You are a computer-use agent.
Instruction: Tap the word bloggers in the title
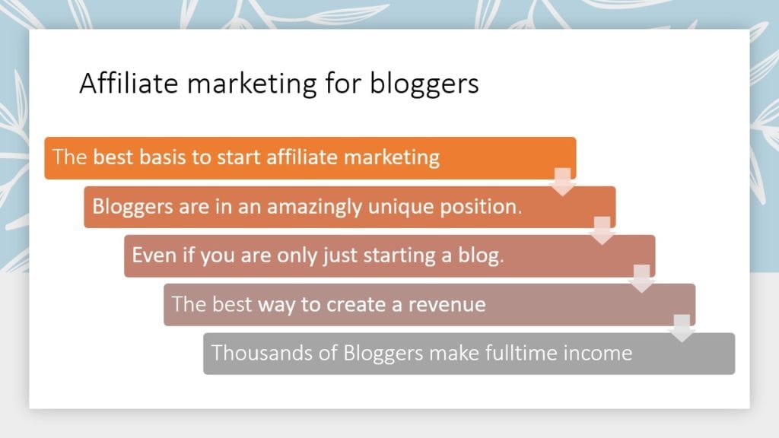coord(424,84)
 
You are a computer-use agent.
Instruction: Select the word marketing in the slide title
coord(252,84)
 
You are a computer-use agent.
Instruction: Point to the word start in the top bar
coord(239,157)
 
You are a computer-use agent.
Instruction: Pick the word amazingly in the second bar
coord(314,207)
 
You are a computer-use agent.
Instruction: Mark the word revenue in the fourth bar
coord(447,304)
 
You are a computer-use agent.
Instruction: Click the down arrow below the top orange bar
coord(562,182)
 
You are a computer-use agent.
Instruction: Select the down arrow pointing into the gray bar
coord(682,328)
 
